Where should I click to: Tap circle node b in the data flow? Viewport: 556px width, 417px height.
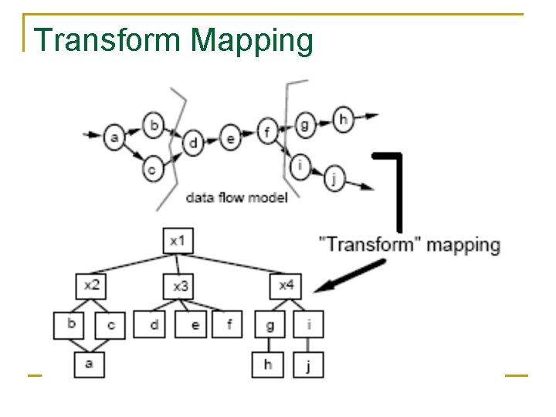154,124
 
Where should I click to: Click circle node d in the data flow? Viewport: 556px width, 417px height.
193,142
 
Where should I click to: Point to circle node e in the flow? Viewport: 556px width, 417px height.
230,139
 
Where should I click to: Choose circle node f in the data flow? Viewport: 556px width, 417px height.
266,133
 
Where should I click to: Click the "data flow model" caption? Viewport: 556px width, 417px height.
236,198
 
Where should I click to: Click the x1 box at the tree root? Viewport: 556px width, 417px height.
178,241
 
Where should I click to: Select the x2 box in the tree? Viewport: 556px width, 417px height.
91,286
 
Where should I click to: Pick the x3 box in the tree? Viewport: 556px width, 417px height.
179,287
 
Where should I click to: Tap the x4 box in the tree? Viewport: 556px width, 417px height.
286,286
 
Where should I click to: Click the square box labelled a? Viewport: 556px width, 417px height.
90,364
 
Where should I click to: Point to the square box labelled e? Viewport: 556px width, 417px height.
195,325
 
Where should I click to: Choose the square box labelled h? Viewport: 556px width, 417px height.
268,364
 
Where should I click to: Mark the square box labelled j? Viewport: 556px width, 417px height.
308,364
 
